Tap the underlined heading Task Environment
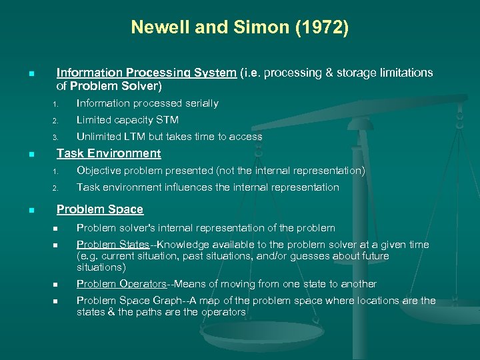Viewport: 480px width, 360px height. click(109, 153)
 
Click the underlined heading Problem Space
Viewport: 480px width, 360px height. click(100, 209)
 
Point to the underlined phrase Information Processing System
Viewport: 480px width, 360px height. click(146, 73)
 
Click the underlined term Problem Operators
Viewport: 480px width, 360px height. click(121, 284)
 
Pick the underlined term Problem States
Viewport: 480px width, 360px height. click(113, 245)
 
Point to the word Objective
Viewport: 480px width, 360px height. click(99, 171)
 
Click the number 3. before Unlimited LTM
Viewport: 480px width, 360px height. click(57, 137)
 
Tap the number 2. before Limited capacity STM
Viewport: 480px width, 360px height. click(57, 121)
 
